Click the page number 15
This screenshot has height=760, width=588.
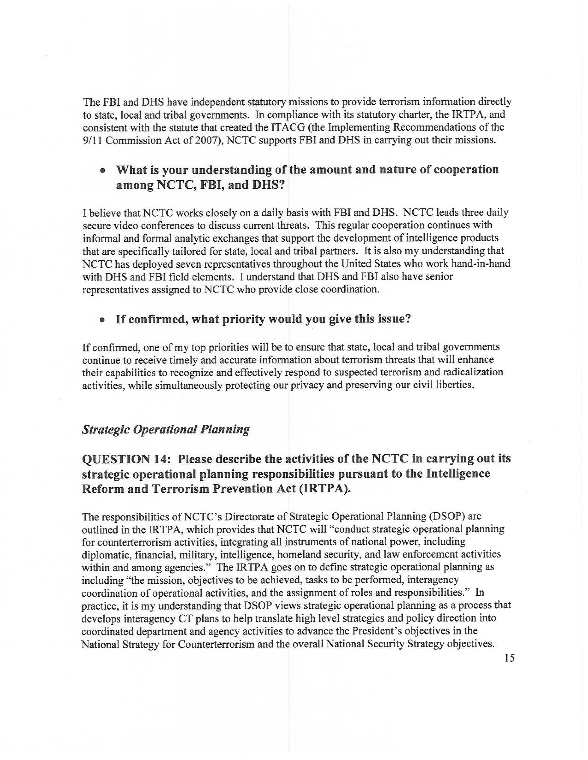coord(509,658)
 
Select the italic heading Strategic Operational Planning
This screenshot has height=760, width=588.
coord(166,430)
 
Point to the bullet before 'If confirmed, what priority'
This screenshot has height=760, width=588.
coord(102,320)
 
